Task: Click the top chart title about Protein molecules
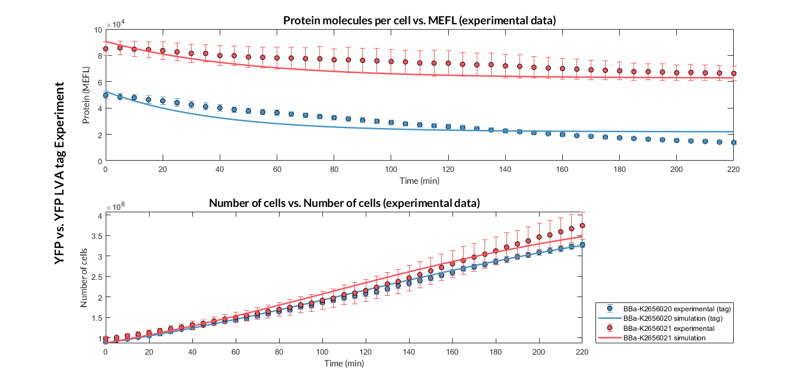(x=419, y=21)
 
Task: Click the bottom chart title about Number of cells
(x=344, y=203)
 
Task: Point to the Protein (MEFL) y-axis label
(x=85, y=95)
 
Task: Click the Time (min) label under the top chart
(x=419, y=180)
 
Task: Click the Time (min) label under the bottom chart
(x=344, y=362)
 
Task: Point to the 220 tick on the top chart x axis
(x=734, y=170)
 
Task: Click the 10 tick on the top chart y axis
(x=97, y=30)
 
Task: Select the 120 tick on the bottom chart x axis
(x=366, y=352)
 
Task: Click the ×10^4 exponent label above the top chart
(x=115, y=24)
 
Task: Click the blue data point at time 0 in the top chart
(x=106, y=95)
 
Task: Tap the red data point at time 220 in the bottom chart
(x=582, y=225)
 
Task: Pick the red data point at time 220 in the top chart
(x=734, y=74)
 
